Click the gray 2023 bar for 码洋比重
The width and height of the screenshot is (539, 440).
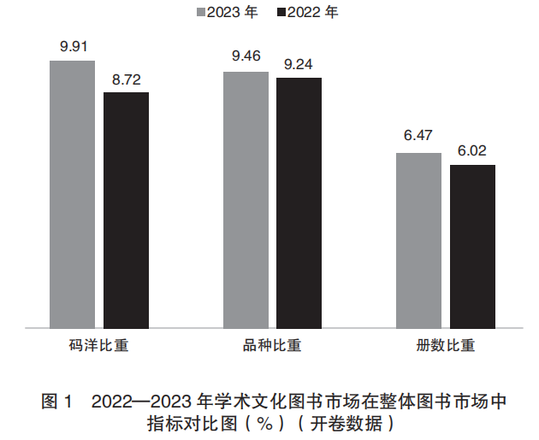(72, 194)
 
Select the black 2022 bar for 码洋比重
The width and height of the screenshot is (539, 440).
(126, 209)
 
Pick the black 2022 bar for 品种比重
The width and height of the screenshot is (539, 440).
(299, 202)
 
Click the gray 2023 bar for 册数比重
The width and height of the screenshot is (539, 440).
(418, 240)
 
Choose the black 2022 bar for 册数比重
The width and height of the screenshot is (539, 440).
(472, 246)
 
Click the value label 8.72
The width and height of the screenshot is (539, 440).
(127, 79)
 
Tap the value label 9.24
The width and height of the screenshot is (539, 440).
(299, 65)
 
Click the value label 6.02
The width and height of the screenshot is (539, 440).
(472, 151)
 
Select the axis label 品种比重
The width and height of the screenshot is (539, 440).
(272, 346)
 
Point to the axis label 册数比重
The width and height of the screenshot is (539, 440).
(445, 346)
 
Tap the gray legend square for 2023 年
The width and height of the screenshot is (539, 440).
(200, 13)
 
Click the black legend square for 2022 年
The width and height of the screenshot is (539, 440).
(281, 13)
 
